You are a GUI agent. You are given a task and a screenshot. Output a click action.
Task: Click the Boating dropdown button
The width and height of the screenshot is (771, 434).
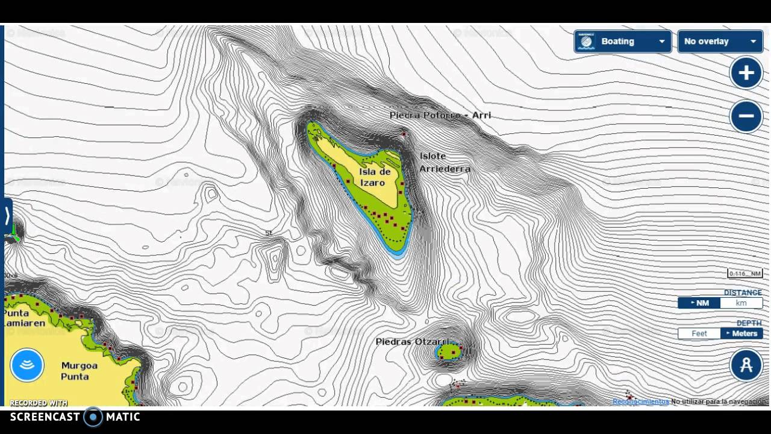click(x=622, y=42)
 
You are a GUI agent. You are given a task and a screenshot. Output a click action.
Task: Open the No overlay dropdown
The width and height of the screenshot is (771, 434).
click(x=720, y=42)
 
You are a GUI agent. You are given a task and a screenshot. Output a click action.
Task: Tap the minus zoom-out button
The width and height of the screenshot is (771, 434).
click(x=746, y=116)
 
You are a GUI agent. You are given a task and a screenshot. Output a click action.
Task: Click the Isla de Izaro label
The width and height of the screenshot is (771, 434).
click(x=375, y=177)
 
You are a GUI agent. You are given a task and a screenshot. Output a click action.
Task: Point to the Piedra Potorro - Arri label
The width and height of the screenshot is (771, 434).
click(x=440, y=115)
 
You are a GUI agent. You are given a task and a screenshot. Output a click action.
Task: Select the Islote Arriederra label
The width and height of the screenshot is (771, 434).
click(x=445, y=163)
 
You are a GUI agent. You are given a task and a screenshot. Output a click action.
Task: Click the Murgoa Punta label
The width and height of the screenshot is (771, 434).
click(x=79, y=371)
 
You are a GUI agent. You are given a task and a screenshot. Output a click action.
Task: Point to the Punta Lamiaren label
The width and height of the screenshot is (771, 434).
click(x=24, y=318)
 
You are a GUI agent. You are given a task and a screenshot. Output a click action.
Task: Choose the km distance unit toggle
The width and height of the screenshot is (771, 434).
click(x=741, y=303)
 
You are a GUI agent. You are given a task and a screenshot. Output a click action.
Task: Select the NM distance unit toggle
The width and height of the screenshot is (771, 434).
click(x=699, y=303)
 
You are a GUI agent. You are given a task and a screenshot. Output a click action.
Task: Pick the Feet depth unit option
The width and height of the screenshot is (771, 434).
click(x=699, y=333)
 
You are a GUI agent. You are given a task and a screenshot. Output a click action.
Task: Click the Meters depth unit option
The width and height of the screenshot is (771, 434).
click(x=741, y=333)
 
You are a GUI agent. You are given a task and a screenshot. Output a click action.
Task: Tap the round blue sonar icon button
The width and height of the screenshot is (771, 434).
click(x=27, y=365)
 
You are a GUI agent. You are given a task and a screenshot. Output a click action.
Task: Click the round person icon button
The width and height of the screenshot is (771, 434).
click(x=746, y=365)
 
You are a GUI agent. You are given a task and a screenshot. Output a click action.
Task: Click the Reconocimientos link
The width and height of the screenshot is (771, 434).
click(x=640, y=401)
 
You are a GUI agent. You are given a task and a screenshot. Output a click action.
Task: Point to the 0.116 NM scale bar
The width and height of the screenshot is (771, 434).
click(x=744, y=274)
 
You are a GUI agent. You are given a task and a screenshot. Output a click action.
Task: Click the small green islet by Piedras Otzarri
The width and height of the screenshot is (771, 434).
click(x=449, y=350)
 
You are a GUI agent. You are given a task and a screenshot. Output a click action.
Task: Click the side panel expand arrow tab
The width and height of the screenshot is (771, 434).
click(x=7, y=215)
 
